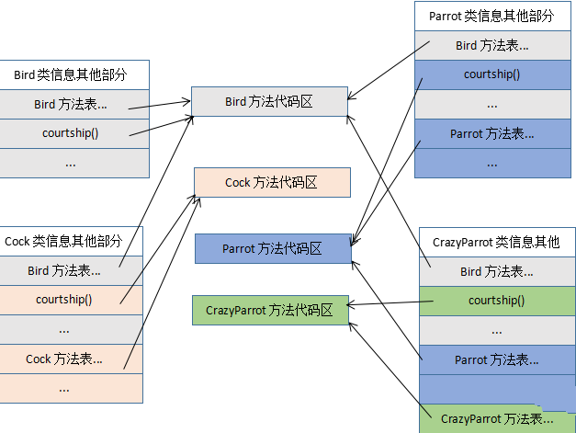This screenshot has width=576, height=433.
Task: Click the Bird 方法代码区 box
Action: tap(269, 102)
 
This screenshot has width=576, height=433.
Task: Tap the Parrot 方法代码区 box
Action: tap(273, 248)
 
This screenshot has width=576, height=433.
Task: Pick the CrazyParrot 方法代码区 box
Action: tap(269, 311)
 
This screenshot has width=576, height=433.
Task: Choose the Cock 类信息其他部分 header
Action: tap(72, 242)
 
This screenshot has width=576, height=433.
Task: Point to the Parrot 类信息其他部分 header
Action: tap(491, 17)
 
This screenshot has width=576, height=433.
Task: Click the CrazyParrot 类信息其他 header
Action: tap(496, 243)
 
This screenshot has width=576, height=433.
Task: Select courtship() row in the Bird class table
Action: tap(74, 133)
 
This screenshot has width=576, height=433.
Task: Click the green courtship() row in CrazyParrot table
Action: tap(496, 300)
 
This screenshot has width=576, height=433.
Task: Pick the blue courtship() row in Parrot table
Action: tap(491, 74)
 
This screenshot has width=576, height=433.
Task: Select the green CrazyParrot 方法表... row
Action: tap(496, 418)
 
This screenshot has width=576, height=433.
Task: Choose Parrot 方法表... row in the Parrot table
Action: tap(491, 133)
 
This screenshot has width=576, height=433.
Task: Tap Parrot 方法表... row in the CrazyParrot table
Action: tap(496, 359)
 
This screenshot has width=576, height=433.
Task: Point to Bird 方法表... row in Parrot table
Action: tap(491, 45)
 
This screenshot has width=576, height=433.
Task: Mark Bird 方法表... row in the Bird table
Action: tap(74, 104)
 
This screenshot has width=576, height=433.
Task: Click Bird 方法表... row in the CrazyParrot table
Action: tap(496, 271)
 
